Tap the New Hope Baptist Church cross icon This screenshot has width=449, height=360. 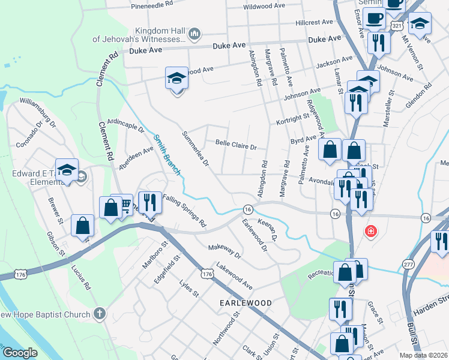tap(100, 313)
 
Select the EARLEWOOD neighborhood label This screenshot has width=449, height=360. tap(245, 303)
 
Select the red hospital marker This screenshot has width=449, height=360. tap(370, 230)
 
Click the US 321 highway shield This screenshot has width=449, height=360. tap(396, 26)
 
